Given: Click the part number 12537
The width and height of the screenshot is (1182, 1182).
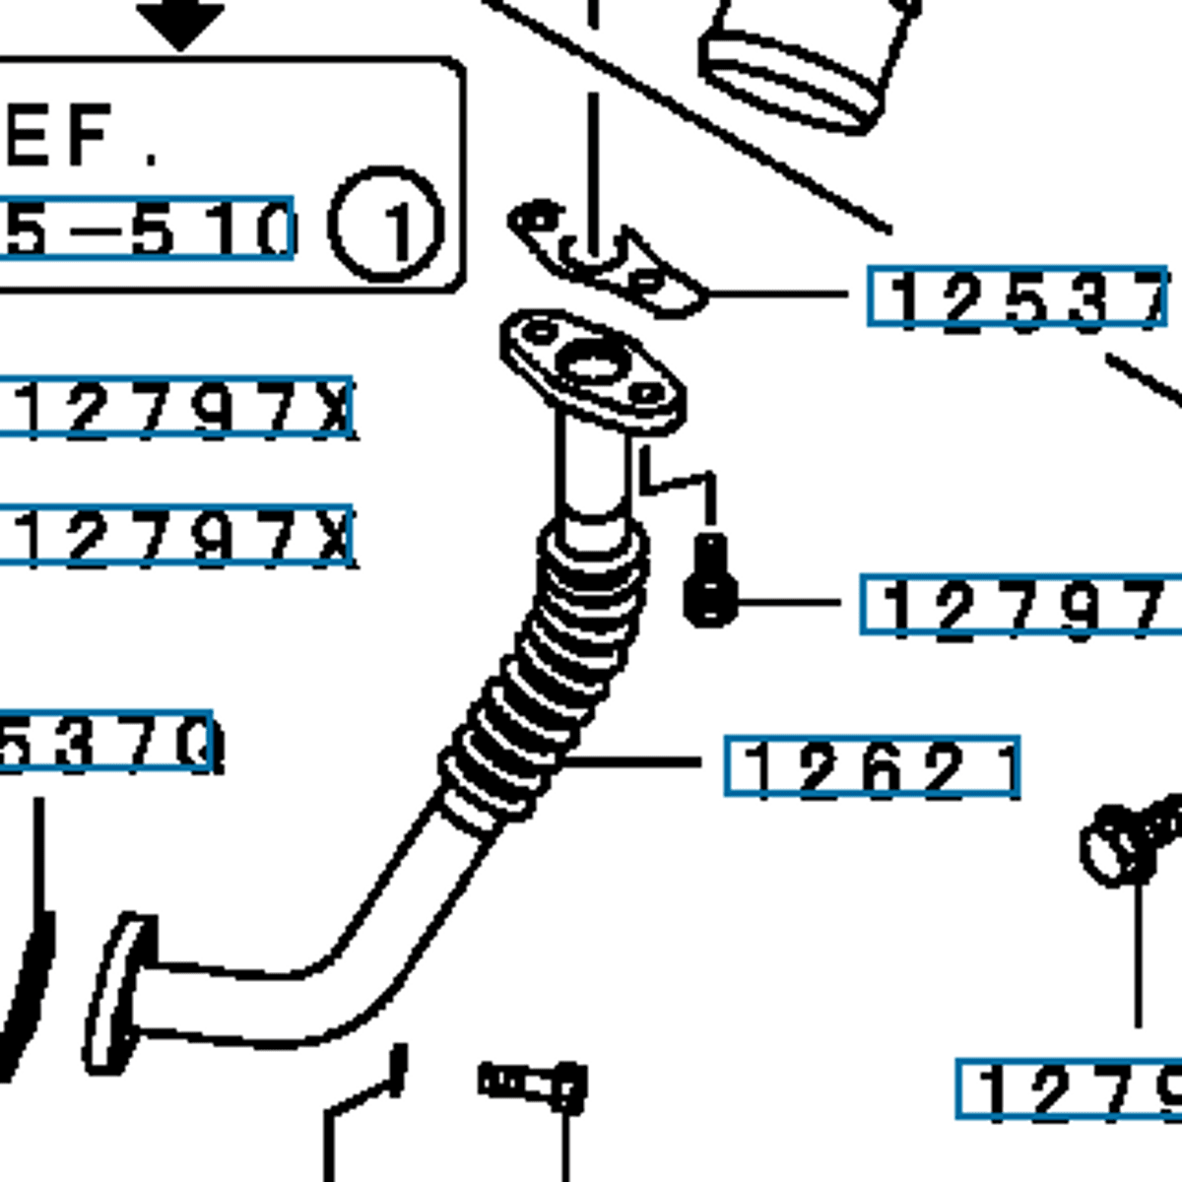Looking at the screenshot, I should click(x=1018, y=296).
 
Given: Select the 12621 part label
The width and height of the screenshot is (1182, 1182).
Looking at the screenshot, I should click(x=873, y=766).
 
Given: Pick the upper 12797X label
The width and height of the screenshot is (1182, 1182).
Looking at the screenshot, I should click(x=177, y=406).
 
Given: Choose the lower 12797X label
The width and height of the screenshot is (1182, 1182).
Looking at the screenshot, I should click(x=177, y=537).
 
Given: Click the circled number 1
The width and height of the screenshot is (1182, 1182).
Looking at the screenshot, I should click(x=386, y=226).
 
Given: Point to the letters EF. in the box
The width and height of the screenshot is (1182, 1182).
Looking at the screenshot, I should click(x=79, y=138).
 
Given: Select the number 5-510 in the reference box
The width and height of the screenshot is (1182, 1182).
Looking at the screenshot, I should click(x=148, y=229).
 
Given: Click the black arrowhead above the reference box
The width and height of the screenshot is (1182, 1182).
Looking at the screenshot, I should click(x=179, y=25).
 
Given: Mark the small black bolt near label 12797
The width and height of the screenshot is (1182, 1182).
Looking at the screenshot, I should click(x=710, y=583).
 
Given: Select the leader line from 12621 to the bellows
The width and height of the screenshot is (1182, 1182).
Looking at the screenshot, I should click(x=630, y=761).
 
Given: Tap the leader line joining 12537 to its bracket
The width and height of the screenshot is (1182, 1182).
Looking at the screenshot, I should click(x=778, y=293).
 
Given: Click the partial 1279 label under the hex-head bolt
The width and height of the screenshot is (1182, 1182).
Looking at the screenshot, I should click(x=1069, y=1089).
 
